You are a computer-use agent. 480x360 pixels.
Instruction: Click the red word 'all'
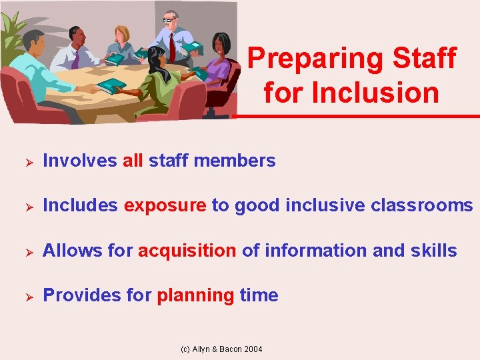tap(133, 161)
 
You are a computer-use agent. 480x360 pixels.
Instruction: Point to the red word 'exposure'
tap(165, 206)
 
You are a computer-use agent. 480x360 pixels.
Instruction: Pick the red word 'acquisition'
tap(187, 251)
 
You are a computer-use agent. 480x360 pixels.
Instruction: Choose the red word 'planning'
tap(195, 295)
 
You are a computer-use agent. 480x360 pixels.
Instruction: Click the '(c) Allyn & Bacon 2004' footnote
tap(221, 349)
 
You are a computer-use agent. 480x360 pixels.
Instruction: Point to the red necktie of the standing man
tap(171, 47)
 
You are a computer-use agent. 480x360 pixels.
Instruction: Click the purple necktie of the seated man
tap(75, 59)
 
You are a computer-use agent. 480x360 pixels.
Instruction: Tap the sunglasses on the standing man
tap(168, 21)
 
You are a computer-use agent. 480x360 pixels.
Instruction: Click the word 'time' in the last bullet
tap(259, 295)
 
